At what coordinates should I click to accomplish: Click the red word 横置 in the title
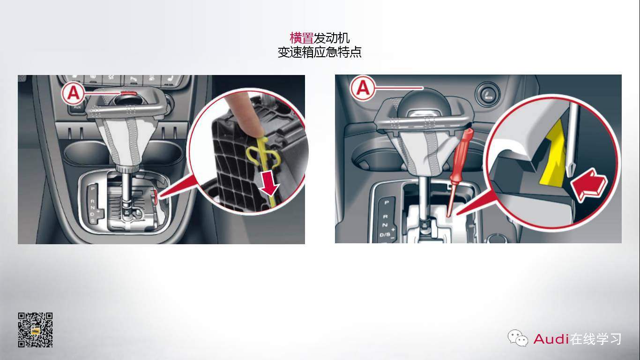(x=301, y=38)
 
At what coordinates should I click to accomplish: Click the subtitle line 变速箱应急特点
(x=320, y=52)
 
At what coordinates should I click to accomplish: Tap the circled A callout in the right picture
(x=364, y=88)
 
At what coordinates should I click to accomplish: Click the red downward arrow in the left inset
(x=270, y=187)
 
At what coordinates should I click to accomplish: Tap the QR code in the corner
(x=35, y=330)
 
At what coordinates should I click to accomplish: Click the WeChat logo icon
(x=518, y=338)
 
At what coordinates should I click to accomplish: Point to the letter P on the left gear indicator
(x=92, y=188)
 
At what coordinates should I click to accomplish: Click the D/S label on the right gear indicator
(x=385, y=234)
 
